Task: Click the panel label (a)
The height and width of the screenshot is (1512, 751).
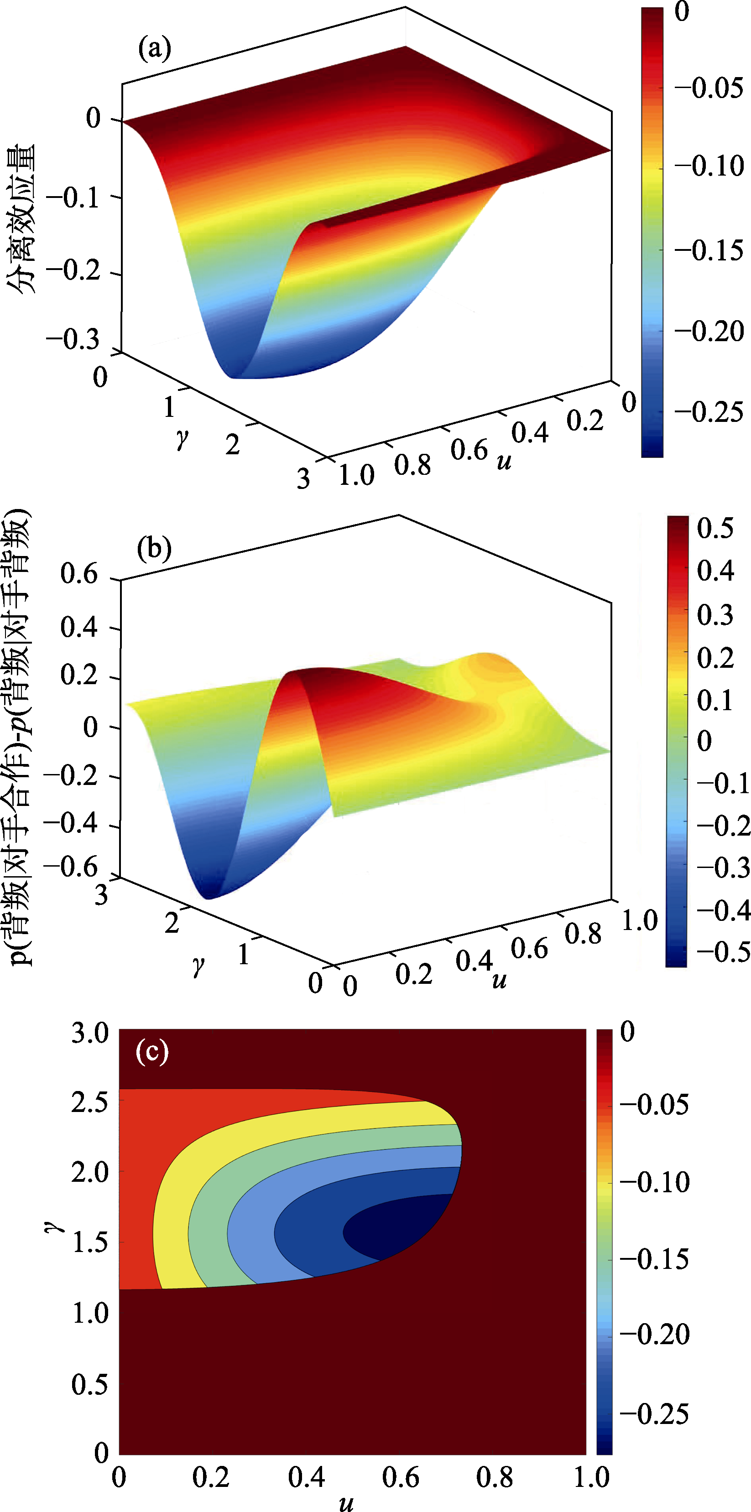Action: tap(154, 49)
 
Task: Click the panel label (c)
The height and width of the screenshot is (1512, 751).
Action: tap(151, 1051)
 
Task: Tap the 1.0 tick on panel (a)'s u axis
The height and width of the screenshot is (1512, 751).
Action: tap(356, 475)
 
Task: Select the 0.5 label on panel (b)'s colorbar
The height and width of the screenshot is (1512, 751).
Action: tap(714, 528)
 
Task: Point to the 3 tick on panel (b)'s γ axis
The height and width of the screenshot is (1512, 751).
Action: tap(101, 894)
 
